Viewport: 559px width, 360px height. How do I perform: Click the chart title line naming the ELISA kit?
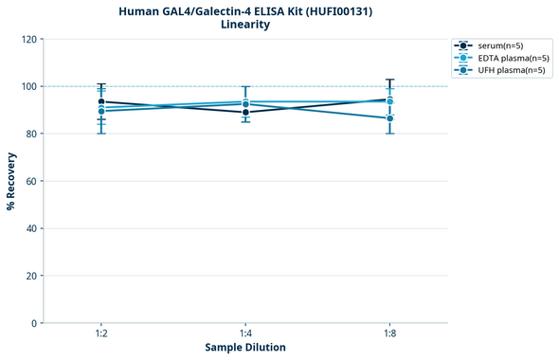(245, 11)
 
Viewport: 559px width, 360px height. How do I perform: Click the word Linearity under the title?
(245, 26)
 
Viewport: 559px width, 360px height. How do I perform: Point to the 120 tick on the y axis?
(29, 39)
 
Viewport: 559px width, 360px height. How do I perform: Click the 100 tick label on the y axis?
(29, 86)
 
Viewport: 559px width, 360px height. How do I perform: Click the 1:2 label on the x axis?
(101, 334)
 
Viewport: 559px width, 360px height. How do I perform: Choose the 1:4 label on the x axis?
(245, 334)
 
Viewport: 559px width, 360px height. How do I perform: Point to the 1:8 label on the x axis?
(389, 334)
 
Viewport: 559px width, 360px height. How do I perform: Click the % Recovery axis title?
(11, 180)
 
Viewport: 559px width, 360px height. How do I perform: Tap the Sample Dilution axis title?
(245, 348)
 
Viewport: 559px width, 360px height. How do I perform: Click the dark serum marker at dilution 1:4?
(245, 112)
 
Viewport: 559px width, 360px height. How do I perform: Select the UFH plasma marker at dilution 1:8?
(389, 118)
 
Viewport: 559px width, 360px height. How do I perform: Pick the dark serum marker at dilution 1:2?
(101, 101)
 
